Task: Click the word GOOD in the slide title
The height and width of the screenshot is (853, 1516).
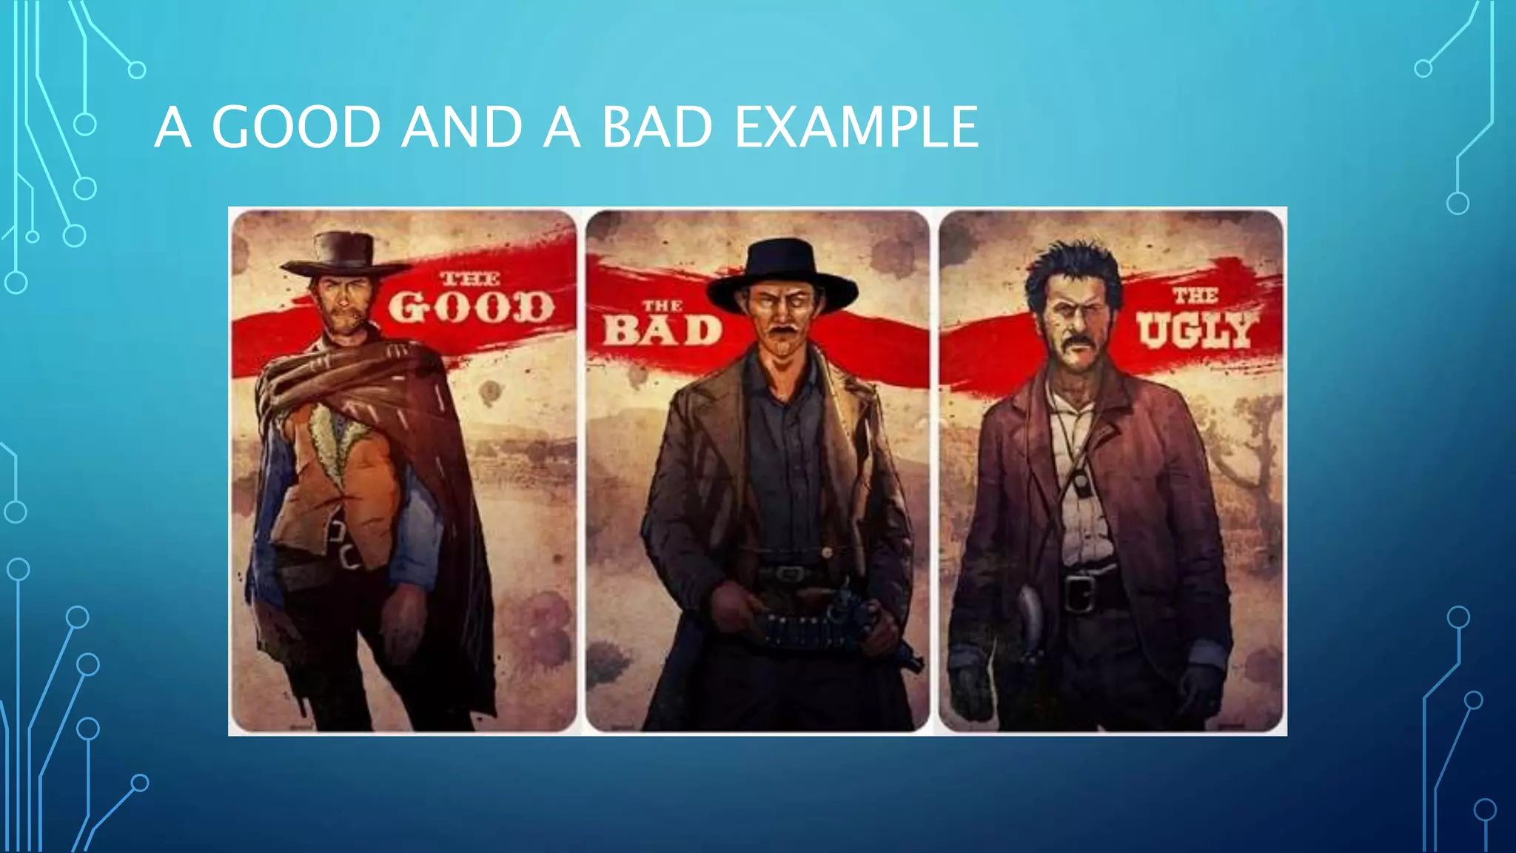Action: [296, 127]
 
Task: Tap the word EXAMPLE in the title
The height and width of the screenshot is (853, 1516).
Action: [856, 127]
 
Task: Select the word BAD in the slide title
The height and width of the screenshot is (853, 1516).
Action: [657, 127]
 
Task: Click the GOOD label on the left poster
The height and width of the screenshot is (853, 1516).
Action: [472, 307]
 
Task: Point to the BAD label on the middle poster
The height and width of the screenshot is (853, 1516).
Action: [663, 330]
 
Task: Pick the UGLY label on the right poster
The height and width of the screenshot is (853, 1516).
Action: [1195, 330]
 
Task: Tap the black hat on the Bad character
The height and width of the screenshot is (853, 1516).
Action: [782, 274]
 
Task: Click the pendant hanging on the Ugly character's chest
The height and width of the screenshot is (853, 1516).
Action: [1081, 484]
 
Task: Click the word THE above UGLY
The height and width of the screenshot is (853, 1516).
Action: [1195, 295]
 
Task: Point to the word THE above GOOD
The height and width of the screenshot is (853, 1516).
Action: [470, 279]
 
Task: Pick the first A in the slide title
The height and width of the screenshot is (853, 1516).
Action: [172, 127]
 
